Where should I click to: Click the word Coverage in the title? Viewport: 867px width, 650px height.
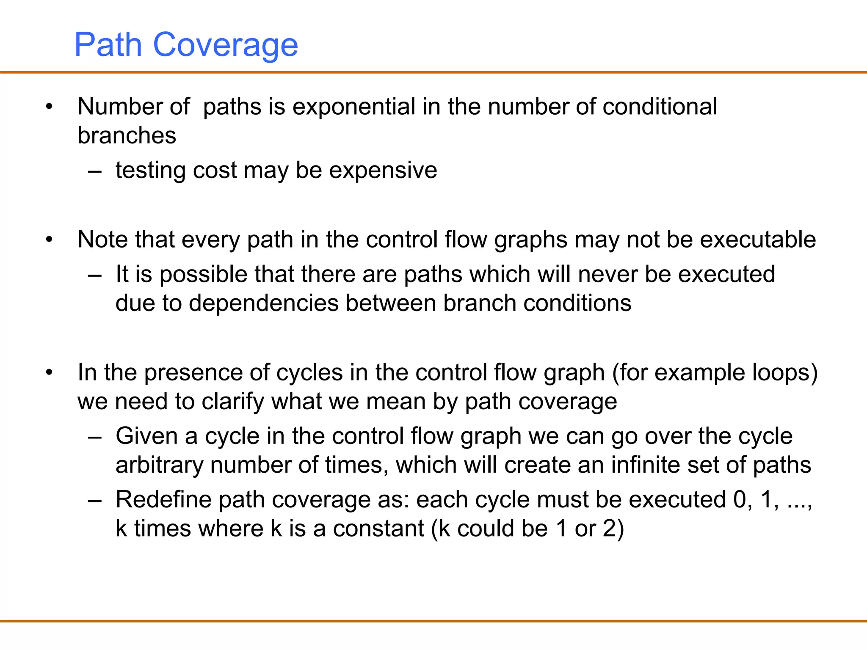(225, 45)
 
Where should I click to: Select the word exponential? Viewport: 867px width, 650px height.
(353, 107)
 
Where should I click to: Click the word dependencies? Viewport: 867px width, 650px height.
(264, 303)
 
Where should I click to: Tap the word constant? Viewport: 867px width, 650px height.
(378, 529)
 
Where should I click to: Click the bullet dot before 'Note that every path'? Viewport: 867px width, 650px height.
(50, 240)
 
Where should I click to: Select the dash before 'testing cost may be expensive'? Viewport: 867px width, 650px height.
(95, 172)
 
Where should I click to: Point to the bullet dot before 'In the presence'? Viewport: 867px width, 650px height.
(50, 373)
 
